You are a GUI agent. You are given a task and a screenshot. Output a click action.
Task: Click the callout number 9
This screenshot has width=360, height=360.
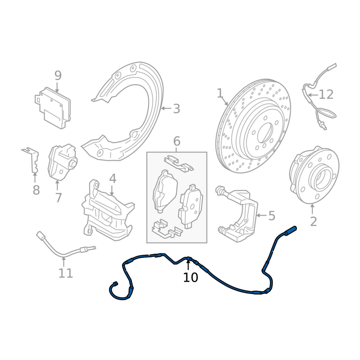point(58,75)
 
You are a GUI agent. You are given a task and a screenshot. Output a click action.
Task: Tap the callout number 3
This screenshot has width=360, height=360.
point(176,108)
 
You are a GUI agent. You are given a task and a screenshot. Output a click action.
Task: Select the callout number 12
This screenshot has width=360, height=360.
point(326,94)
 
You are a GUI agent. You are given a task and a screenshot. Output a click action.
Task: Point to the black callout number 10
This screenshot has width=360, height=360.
point(190,277)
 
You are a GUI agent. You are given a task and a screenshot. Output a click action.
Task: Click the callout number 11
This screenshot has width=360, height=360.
point(66,273)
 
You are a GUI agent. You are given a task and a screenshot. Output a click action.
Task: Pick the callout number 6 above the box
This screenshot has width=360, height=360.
point(176,141)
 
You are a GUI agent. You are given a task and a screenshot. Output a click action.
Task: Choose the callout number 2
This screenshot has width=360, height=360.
point(313,221)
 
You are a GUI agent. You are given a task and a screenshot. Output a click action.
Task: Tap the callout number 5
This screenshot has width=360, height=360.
point(272,216)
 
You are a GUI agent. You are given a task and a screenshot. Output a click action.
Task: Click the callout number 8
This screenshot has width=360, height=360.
point(36,190)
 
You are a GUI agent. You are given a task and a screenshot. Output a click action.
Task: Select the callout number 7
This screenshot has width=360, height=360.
point(58,198)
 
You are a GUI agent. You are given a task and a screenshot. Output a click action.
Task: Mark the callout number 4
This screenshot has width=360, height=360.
point(112,179)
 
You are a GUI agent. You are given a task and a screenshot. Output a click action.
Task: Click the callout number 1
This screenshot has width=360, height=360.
point(220,93)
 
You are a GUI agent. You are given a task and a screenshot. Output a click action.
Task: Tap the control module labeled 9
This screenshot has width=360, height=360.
point(53,108)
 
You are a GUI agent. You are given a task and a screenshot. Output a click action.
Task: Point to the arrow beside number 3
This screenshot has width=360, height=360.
point(166,108)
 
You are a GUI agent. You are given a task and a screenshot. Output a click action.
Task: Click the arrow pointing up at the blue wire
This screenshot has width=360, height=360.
point(188,263)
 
